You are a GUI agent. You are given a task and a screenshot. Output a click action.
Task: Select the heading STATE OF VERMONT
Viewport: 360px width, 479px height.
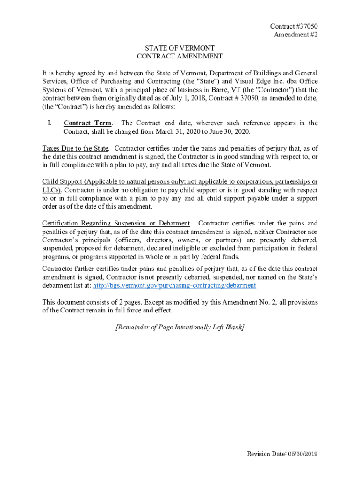click(x=180, y=48)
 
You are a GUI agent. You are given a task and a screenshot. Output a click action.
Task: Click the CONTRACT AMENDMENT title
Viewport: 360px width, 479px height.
click(x=180, y=57)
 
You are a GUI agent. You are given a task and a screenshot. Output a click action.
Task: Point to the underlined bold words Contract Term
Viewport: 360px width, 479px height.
click(x=87, y=123)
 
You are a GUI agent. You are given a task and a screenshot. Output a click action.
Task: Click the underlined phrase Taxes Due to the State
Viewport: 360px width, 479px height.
click(x=75, y=148)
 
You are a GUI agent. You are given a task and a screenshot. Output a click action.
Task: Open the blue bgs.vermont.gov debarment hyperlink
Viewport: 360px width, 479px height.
click(x=175, y=285)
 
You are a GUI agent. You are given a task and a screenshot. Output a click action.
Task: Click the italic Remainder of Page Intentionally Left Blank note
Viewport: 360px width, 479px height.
click(x=180, y=327)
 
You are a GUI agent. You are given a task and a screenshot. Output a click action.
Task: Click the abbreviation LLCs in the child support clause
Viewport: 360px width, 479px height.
click(x=51, y=190)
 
